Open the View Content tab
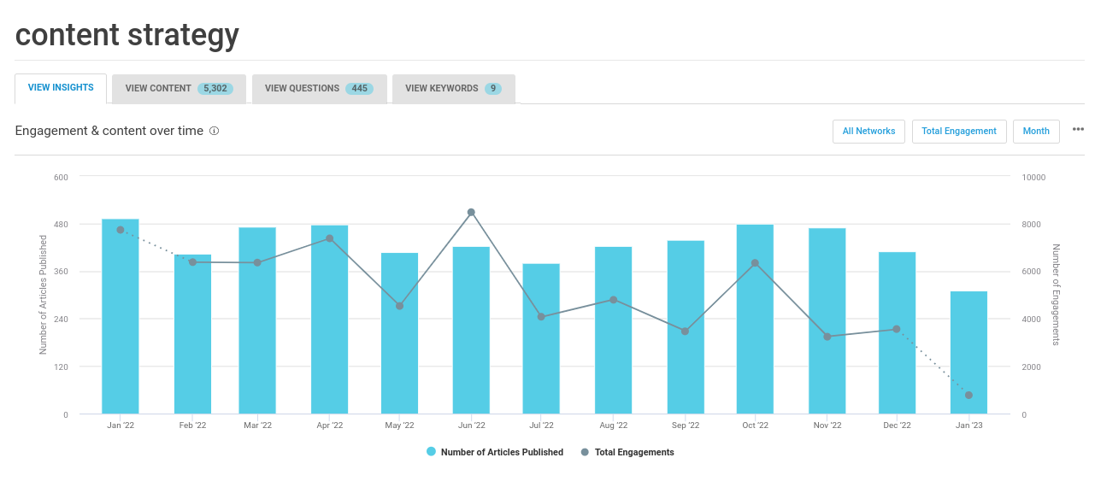coord(179,89)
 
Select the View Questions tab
coord(319,89)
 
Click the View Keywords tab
coord(453,89)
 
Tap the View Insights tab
coord(61,88)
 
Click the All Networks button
coord(868,132)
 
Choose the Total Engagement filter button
coord(958,132)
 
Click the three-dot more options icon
coord(1078,130)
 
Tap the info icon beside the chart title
coord(215,132)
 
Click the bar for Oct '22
coord(755,320)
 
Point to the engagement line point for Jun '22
coord(471,212)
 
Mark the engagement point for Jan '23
coord(968,395)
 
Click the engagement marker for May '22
coord(399,306)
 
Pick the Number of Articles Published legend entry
coord(495,452)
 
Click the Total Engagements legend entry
coord(627,452)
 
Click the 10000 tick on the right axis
coord(1033,177)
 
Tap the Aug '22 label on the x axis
coord(613,425)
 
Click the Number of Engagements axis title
coord(1057,295)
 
